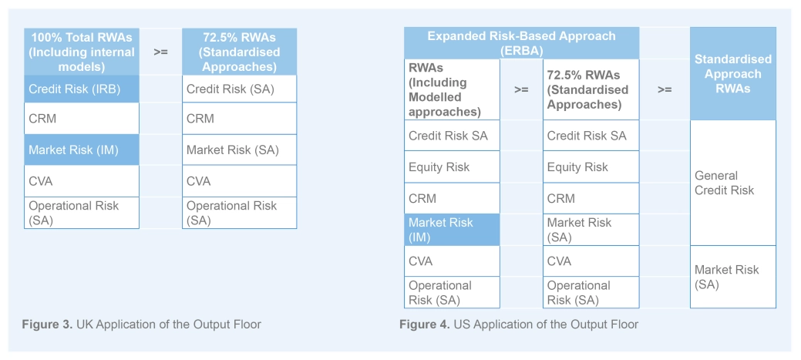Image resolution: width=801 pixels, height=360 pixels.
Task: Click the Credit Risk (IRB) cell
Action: tap(81, 89)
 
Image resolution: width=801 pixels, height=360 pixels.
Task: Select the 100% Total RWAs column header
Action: tap(81, 52)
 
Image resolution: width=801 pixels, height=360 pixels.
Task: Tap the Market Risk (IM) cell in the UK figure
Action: tap(81, 150)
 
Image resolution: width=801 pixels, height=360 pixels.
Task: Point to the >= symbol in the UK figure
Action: tap(160, 52)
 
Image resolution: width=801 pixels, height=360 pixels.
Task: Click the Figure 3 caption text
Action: tap(141, 325)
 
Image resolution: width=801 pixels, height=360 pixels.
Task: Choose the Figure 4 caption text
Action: tap(518, 325)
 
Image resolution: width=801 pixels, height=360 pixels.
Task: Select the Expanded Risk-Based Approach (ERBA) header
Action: tap(521, 43)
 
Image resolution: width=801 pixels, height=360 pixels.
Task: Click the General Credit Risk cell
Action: tap(732, 183)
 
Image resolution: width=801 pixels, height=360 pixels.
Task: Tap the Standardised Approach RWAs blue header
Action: tap(732, 74)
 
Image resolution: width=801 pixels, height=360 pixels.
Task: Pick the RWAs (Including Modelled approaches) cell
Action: tap(451, 90)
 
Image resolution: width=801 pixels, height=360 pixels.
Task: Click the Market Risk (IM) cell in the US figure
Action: tap(451, 230)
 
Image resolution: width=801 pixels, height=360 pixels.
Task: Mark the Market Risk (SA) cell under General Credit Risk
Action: tap(732, 277)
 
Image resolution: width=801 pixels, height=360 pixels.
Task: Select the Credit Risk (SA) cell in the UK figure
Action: tap(239, 89)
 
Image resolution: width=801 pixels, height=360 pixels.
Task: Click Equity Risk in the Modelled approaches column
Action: tap(451, 167)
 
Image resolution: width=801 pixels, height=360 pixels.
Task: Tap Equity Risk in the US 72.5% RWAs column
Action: tap(591, 167)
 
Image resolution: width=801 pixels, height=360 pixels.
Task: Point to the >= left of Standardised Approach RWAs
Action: tap(665, 89)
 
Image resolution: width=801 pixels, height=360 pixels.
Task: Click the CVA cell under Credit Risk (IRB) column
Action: tap(81, 181)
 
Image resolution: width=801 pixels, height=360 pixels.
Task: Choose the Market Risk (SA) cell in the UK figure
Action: tap(239, 150)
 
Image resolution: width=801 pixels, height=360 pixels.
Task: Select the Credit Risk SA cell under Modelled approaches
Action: tap(451, 136)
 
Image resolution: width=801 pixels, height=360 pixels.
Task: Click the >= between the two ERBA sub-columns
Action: tap(521, 89)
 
